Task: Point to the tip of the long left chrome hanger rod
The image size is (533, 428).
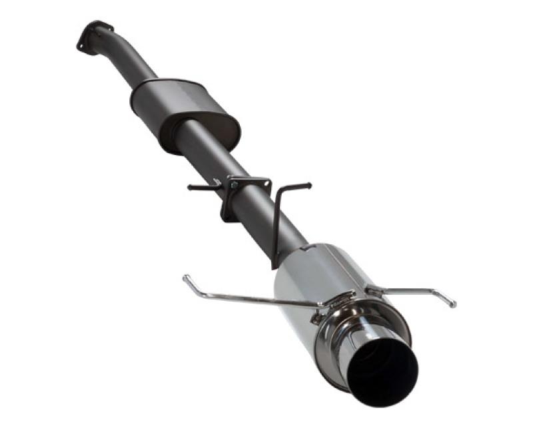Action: point(185,278)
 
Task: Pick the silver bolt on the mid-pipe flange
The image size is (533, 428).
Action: point(233,184)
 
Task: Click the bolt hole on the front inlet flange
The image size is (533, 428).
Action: point(81,47)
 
